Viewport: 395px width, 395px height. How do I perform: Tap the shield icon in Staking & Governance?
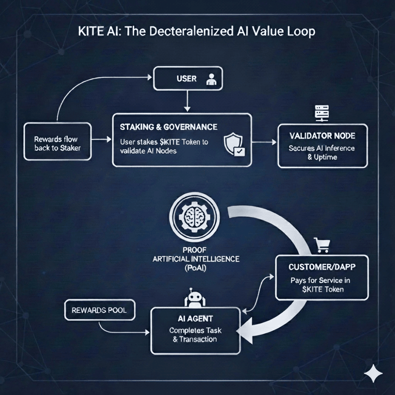pos(234,143)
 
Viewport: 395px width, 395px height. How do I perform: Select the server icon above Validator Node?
pos(319,113)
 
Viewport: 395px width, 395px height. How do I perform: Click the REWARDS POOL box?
pos(99,310)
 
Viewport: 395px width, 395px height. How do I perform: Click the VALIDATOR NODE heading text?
pos(322,136)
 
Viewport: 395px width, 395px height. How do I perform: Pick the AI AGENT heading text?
pos(196,318)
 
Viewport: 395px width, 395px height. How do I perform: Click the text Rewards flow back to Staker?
pos(57,144)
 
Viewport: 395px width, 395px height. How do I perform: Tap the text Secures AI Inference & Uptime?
pos(322,152)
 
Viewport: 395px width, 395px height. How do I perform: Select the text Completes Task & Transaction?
pos(196,335)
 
